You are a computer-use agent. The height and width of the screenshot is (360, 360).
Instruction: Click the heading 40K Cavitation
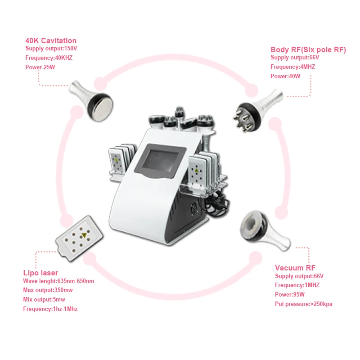pyautogui.click(x=51, y=40)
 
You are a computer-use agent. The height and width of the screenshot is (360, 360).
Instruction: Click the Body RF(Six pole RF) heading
pyautogui.click(x=308, y=49)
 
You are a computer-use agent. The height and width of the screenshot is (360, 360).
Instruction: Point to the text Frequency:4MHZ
pyautogui.click(x=293, y=67)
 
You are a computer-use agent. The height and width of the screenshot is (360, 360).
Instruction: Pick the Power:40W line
pyautogui.click(x=285, y=76)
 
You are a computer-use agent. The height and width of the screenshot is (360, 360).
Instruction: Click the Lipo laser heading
pyautogui.click(x=40, y=273)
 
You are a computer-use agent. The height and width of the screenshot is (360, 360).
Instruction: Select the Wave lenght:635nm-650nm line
pyautogui.click(x=58, y=281)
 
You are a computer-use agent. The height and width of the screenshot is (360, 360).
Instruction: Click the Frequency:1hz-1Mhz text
pyautogui.click(x=53, y=309)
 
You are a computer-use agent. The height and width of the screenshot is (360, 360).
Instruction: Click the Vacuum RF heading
pyautogui.click(x=292, y=268)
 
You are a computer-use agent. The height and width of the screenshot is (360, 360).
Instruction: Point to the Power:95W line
pyautogui.click(x=290, y=295)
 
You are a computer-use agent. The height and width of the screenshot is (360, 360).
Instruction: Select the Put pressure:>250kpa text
pyautogui.click(x=304, y=304)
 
